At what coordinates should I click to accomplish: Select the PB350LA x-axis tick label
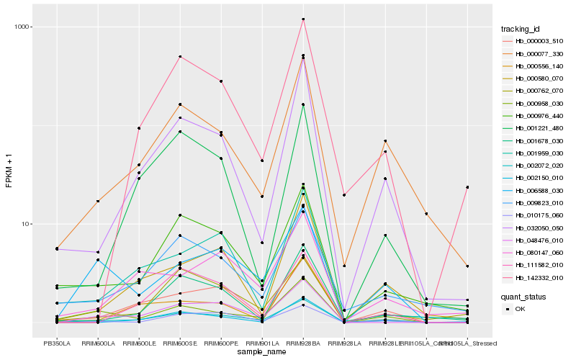57,343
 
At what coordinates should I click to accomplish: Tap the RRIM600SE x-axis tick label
180,343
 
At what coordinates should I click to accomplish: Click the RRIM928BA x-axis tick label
303,343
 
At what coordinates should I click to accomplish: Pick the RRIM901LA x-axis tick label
262,343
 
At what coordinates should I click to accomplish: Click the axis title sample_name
262,352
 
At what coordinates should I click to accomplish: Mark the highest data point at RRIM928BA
303,19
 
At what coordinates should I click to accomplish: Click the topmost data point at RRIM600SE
180,56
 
